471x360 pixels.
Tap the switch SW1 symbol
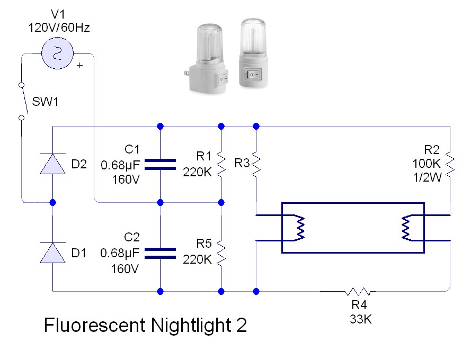pyautogui.click(x=21, y=101)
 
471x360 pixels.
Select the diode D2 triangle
pyautogui.click(x=53, y=164)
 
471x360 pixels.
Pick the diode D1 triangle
pyautogui.click(x=53, y=253)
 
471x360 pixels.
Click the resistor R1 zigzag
pyautogui.click(x=221, y=165)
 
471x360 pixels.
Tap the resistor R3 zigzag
pyautogui.click(x=256, y=165)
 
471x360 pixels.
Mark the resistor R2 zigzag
pyautogui.click(x=450, y=165)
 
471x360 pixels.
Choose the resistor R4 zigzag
pyautogui.click(x=359, y=291)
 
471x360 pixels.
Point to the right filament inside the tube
pyautogui.click(x=406, y=228)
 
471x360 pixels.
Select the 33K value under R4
pyautogui.click(x=360, y=319)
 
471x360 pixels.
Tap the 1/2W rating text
pyautogui.click(x=427, y=178)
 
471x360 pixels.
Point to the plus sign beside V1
pyautogui.click(x=79, y=66)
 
